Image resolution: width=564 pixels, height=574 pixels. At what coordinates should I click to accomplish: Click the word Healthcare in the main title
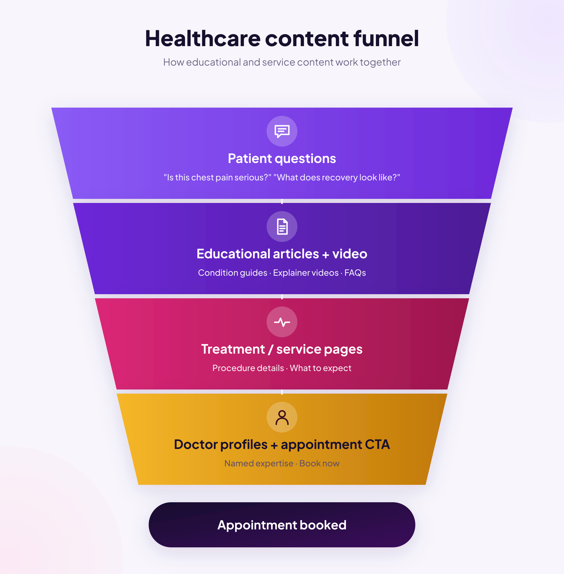pos(203,38)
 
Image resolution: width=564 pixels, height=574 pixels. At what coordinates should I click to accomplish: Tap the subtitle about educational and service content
pos(282,63)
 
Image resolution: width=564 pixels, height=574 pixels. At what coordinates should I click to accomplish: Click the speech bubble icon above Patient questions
pos(282,131)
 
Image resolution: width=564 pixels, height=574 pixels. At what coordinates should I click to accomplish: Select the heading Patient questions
pos(282,159)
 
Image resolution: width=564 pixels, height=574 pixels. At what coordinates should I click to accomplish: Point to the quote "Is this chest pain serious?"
pos(217,177)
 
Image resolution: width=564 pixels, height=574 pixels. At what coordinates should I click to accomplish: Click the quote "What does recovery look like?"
pos(337,177)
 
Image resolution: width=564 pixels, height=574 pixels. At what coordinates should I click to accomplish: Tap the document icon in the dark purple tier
pos(282,227)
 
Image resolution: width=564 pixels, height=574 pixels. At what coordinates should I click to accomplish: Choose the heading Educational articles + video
pos(282,254)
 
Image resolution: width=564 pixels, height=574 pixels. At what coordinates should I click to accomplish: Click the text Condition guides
pos(233,273)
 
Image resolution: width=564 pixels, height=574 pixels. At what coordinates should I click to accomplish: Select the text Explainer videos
pos(306,273)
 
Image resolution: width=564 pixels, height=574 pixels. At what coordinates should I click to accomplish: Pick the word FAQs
pos(355,273)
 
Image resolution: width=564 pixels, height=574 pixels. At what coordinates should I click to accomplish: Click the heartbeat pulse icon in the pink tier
pos(282,322)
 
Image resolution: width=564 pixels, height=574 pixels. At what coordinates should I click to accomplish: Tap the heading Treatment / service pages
pos(282,349)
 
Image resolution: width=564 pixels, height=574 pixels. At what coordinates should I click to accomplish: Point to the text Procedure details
pos(248,368)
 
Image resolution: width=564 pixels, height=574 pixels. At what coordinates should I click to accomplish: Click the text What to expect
pos(320,368)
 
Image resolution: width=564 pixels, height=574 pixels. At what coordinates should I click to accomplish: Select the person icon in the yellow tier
pos(282,417)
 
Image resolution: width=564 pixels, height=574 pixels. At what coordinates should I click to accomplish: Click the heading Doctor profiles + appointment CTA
pos(282,445)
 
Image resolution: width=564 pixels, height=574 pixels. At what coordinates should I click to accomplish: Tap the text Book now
pos(319,463)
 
